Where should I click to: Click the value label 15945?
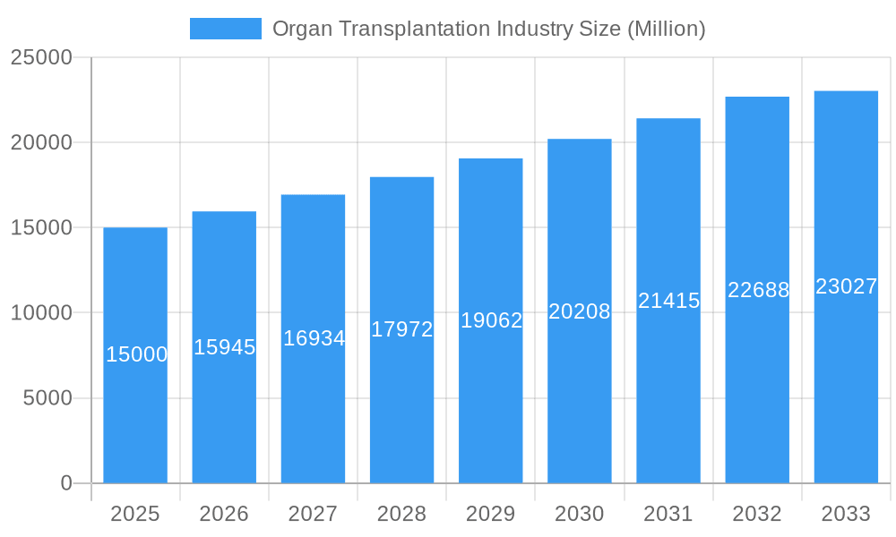click(225, 347)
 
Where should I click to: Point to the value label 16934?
click(314, 338)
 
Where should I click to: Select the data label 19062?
click(491, 320)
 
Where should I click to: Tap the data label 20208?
click(580, 311)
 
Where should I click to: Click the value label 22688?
click(758, 290)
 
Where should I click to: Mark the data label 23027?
click(846, 286)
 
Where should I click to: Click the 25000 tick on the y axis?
click(40, 57)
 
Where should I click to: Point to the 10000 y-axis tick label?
click(40, 313)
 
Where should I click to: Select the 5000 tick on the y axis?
click(47, 398)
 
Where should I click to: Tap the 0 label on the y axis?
click(65, 483)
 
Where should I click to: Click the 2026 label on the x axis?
click(224, 514)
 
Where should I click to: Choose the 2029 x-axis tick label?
click(491, 514)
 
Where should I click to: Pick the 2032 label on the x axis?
click(757, 514)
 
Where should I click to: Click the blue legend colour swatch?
click(226, 29)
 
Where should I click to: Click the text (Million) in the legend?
click(666, 29)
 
